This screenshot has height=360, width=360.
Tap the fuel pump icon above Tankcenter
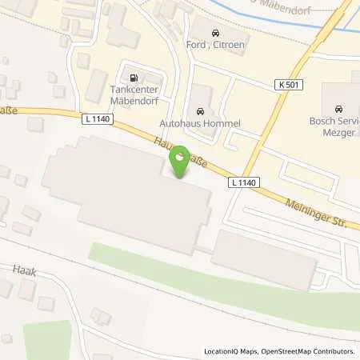133,78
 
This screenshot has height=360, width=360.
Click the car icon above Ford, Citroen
214,34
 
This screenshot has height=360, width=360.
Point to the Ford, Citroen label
214,46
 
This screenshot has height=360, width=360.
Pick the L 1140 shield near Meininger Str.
243,182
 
